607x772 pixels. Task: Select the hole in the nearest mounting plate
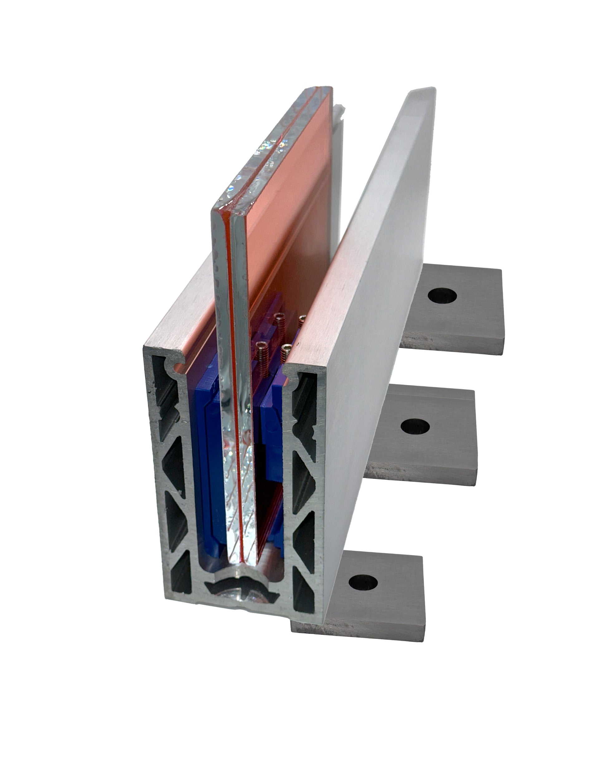pyautogui.click(x=363, y=582)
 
